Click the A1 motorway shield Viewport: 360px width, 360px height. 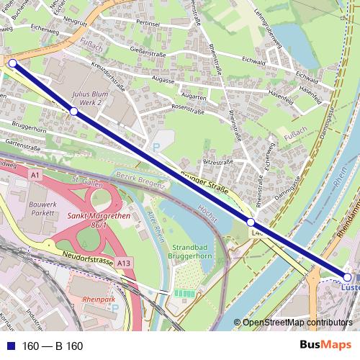36,174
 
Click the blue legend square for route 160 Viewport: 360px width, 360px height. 10,346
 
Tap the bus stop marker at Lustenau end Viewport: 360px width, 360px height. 348,277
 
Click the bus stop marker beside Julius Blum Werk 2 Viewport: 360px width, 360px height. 73,112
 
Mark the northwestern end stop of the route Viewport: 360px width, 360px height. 12,63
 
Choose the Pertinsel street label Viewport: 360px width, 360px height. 147,24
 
